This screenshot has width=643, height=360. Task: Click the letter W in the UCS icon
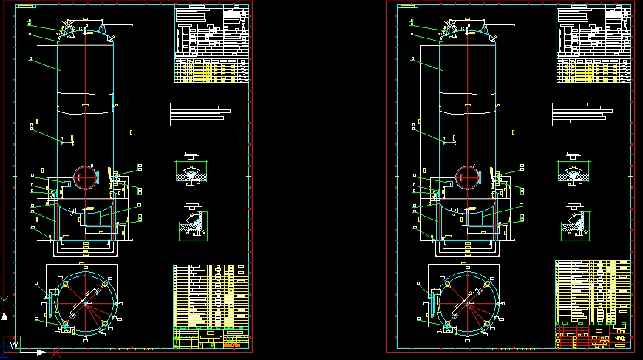(x=14, y=342)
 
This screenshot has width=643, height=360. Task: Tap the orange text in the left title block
(x=231, y=344)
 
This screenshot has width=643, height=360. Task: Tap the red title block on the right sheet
(x=593, y=337)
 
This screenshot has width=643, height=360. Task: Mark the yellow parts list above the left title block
(x=211, y=295)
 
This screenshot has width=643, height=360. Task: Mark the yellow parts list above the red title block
(x=593, y=292)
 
